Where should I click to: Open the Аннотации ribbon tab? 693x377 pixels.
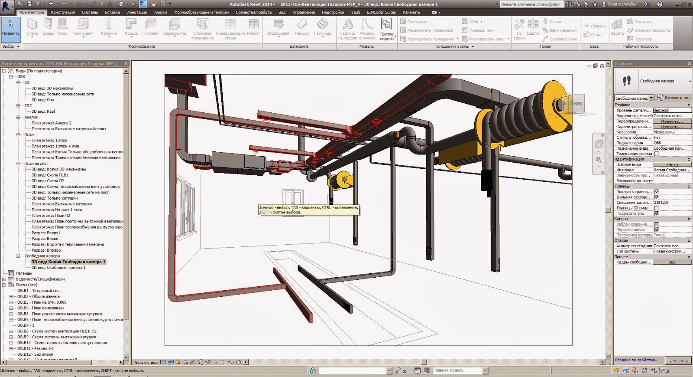coord(137,12)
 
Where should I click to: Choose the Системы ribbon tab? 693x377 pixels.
coord(90,12)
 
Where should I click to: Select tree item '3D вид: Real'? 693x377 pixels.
coord(43,111)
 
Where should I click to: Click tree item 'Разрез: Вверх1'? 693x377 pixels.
coord(46,233)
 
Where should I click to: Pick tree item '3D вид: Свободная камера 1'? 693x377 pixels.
coord(58,268)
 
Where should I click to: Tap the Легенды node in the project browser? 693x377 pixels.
coord(23,273)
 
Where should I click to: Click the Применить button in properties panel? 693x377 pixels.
coord(677,361)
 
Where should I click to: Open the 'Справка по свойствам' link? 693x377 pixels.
coord(635,360)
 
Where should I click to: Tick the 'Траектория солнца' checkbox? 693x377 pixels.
coord(657,154)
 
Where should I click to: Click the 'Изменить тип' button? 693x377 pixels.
coord(674,98)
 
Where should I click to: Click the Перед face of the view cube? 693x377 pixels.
coord(576,104)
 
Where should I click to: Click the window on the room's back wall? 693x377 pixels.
coord(292,197)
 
